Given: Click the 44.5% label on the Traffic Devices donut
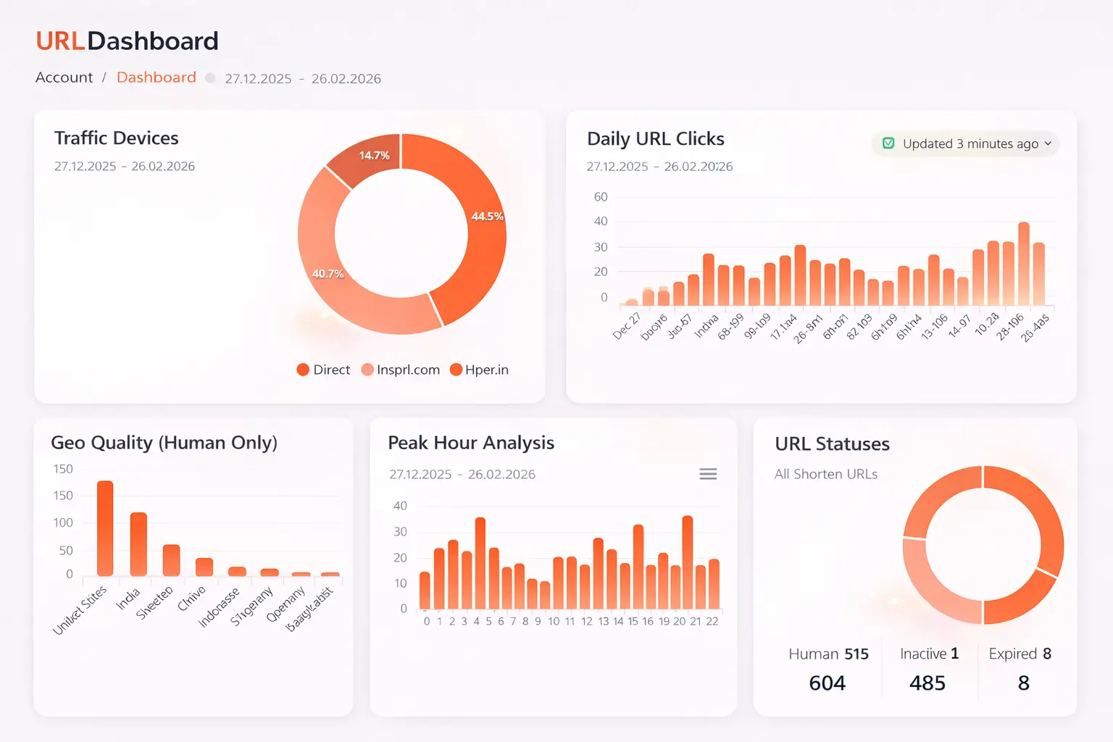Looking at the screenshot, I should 487,216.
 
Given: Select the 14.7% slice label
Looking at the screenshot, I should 374,155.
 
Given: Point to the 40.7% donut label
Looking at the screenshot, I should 328,273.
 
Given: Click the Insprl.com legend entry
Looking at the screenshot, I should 401,370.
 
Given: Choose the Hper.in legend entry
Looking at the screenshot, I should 479,370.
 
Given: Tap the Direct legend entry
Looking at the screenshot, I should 323,370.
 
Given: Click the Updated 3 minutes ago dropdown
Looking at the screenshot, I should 966,143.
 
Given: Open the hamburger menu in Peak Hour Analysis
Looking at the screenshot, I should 708,474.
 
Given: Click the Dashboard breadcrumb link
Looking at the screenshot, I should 156,78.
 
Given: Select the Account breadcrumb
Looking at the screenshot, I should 64,78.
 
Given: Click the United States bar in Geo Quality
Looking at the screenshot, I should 105,528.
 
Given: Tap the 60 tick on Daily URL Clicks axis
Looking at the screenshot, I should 601,196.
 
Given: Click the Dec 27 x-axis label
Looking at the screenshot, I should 627,325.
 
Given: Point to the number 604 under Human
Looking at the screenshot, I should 827,683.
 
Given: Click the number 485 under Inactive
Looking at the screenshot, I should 927,683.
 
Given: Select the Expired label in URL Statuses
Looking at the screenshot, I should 1012,654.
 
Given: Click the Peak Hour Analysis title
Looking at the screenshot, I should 471,443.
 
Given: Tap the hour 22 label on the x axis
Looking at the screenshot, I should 712,621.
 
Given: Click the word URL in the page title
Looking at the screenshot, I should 60,41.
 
